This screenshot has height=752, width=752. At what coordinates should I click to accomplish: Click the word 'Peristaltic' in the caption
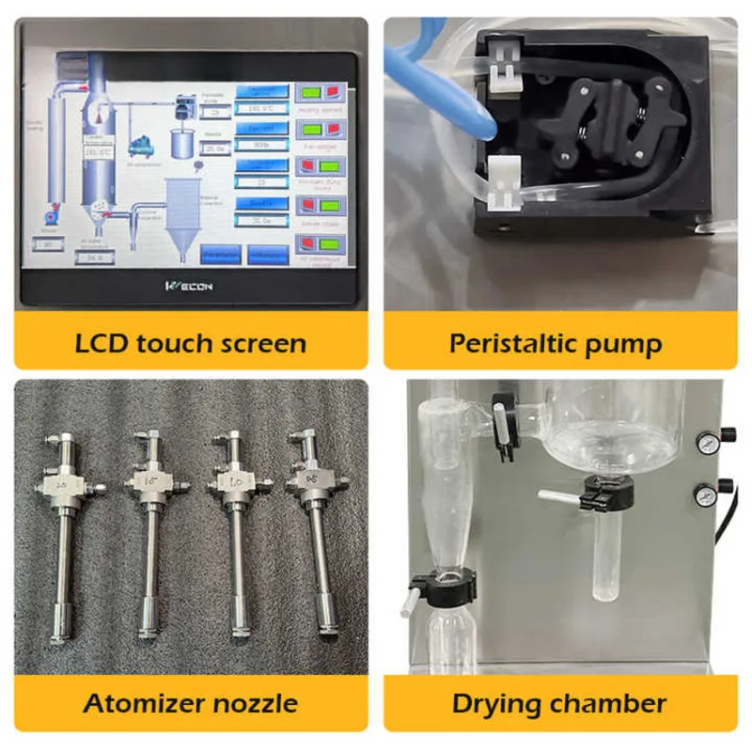(x=505, y=342)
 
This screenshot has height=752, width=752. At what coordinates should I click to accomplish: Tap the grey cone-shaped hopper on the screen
(x=184, y=215)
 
